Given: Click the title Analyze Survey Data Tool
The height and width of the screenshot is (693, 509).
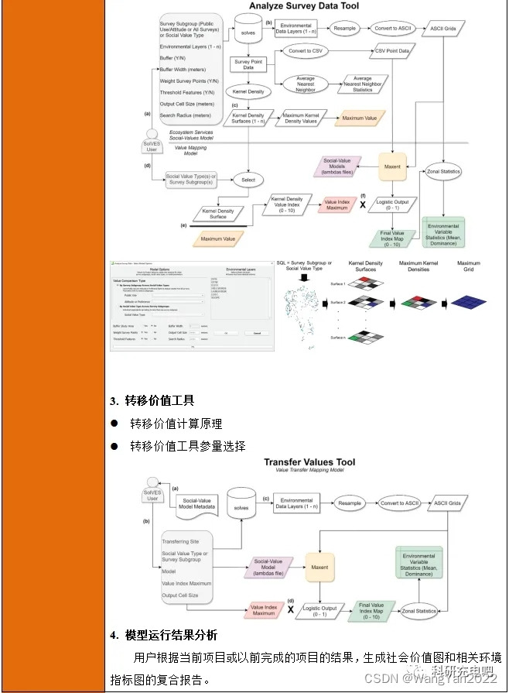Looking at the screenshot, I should (x=303, y=6).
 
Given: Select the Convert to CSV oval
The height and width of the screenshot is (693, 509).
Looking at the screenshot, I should (x=305, y=51).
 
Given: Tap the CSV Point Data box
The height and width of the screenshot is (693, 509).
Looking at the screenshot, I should (x=391, y=51).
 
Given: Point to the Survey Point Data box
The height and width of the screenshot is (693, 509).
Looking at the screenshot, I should (x=248, y=63).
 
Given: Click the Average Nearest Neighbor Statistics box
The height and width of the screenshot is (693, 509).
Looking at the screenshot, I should (x=363, y=83).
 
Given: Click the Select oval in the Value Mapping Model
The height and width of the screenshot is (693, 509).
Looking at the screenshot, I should (x=248, y=180).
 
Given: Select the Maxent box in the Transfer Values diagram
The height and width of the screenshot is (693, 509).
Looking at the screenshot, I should (x=319, y=567).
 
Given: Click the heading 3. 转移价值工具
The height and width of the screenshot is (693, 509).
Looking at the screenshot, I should (x=152, y=400).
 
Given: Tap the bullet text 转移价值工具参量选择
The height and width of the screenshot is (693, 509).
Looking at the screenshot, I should (x=187, y=446).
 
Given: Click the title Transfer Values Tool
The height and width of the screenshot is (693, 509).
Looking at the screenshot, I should (x=309, y=463).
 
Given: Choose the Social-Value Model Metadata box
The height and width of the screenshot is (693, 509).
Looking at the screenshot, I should (x=198, y=505).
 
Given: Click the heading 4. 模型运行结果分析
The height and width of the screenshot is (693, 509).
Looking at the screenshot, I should (x=162, y=635).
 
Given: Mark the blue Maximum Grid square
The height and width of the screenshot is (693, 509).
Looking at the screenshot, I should (x=467, y=302).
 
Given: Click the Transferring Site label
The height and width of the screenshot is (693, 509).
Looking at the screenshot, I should (x=180, y=541).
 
